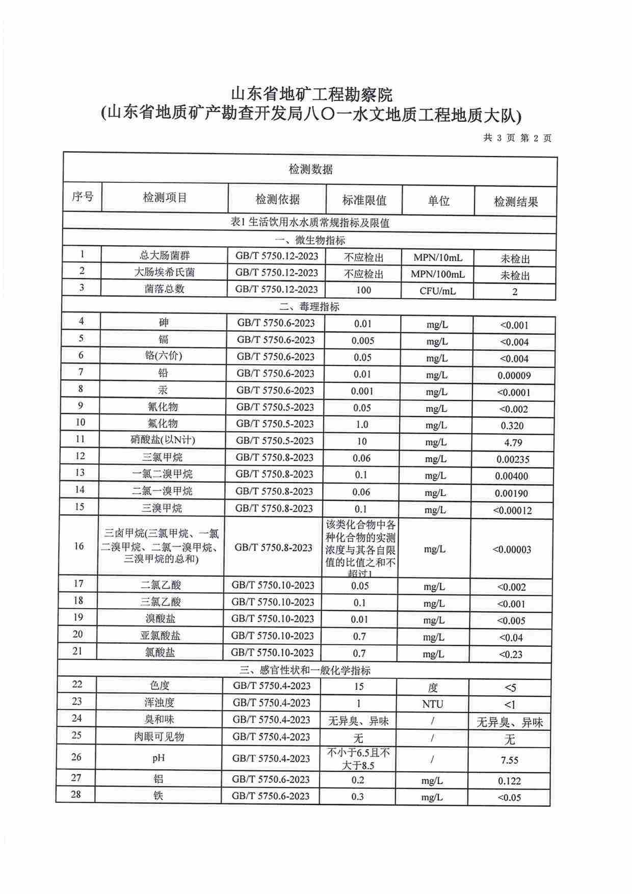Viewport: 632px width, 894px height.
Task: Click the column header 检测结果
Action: (x=515, y=202)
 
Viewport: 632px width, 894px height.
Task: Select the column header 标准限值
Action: (x=364, y=200)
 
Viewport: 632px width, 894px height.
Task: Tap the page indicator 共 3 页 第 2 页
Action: (x=517, y=138)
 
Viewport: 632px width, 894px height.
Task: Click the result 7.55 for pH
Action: (x=509, y=760)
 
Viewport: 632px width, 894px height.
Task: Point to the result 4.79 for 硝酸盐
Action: (x=513, y=442)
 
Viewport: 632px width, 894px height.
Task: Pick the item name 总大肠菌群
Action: (x=165, y=255)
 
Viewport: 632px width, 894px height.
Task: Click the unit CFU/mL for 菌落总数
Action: (x=437, y=291)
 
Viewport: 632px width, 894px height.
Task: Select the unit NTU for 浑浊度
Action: (x=432, y=704)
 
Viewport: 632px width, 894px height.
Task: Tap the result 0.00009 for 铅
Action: (x=514, y=376)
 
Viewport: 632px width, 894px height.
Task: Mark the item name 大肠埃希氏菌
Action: (x=164, y=272)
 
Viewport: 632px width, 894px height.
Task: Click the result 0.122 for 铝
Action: (x=509, y=781)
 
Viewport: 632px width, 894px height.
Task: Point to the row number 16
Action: (x=78, y=546)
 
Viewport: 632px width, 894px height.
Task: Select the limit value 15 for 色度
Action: (x=358, y=687)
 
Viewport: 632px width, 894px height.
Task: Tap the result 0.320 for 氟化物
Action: (x=512, y=426)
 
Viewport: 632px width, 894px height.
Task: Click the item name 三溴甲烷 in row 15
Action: (x=162, y=508)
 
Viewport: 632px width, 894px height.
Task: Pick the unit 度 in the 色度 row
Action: (x=433, y=688)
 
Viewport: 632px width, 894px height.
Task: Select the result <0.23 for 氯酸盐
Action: (x=510, y=654)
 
